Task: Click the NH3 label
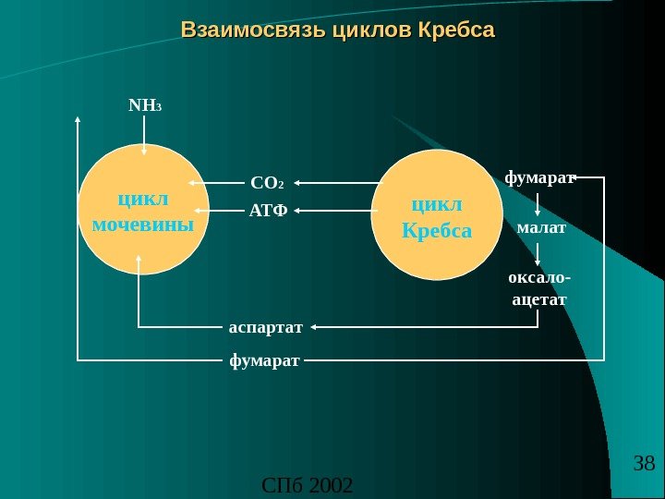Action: coord(145,106)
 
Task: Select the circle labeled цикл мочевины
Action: coord(144,209)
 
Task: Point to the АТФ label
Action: coord(269,211)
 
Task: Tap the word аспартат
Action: coord(266,326)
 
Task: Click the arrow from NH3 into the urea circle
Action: coord(145,134)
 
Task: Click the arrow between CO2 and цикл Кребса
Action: coord(337,182)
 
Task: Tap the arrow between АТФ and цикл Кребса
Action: coord(337,211)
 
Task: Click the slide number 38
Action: coord(644,463)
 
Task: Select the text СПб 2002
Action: coord(308,484)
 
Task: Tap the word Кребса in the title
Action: coord(456,30)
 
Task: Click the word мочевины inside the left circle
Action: coord(144,224)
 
